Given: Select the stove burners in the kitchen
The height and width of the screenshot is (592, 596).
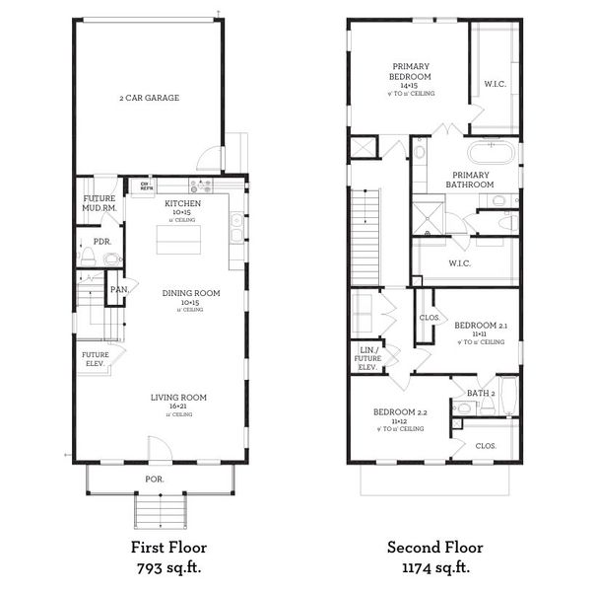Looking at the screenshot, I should click(201, 185).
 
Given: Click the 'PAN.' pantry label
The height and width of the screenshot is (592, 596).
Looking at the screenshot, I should click(119, 289).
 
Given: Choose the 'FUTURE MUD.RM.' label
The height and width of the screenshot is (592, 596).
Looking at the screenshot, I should click(99, 204).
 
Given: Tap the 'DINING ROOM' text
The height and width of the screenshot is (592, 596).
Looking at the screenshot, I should click(191, 293).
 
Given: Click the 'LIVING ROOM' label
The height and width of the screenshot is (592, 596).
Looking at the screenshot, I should click(178, 398).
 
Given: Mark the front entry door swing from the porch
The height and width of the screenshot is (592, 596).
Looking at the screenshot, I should click(158, 447).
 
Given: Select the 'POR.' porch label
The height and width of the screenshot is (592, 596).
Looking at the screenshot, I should click(156, 479).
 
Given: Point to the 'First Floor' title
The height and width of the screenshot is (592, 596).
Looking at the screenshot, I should click(168, 547).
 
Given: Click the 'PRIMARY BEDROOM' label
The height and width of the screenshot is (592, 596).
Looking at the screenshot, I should click(410, 72).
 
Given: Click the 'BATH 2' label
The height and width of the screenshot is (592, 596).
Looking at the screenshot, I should click(480, 393).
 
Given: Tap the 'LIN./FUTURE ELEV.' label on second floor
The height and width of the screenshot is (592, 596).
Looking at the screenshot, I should click(367, 357).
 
